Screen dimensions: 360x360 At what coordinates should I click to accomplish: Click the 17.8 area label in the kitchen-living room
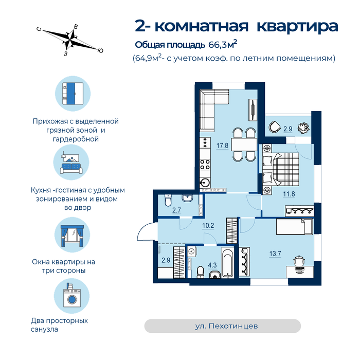click(222, 146)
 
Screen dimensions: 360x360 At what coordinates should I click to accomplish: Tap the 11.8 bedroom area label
click(289, 194)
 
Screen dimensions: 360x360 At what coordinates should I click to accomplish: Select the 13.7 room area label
click(275, 254)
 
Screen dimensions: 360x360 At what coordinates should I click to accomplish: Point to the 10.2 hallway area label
click(208, 225)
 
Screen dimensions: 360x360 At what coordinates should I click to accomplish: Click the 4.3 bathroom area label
click(212, 265)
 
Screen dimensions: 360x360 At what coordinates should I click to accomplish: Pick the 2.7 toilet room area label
click(176, 210)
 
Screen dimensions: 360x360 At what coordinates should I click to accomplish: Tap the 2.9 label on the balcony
click(287, 129)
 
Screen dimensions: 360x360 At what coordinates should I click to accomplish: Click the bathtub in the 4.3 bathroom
click(228, 263)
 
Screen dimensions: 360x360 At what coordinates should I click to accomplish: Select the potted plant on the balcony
click(303, 128)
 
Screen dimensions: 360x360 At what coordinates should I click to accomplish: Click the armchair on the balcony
click(275, 127)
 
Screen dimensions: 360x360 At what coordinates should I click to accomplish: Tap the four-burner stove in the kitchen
click(205, 165)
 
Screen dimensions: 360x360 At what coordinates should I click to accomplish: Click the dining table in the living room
click(244, 145)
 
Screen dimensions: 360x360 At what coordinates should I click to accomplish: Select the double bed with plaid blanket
click(280, 169)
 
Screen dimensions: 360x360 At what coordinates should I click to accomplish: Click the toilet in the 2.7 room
click(168, 201)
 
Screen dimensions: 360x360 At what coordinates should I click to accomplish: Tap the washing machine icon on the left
click(72, 296)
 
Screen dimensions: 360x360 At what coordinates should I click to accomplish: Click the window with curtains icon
click(73, 236)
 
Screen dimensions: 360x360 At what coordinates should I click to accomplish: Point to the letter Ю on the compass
click(100, 51)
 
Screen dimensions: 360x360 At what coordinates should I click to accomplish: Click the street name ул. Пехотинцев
click(226, 326)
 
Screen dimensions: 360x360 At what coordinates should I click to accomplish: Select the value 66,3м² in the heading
click(223, 44)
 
